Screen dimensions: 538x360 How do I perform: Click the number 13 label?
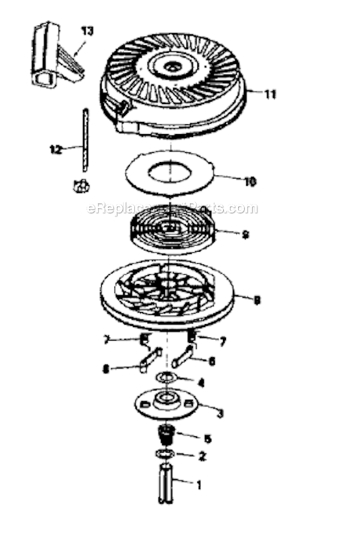[x=87, y=32]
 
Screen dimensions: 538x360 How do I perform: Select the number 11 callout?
[x=270, y=94]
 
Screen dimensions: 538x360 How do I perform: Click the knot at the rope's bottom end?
[x=80, y=185]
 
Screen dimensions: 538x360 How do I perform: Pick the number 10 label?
[x=250, y=181]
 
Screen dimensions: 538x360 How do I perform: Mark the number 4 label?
[x=201, y=382]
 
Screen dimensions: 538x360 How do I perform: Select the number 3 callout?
[x=219, y=413]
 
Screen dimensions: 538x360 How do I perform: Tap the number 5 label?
[x=207, y=438]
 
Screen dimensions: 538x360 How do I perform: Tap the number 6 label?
[x=212, y=361]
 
